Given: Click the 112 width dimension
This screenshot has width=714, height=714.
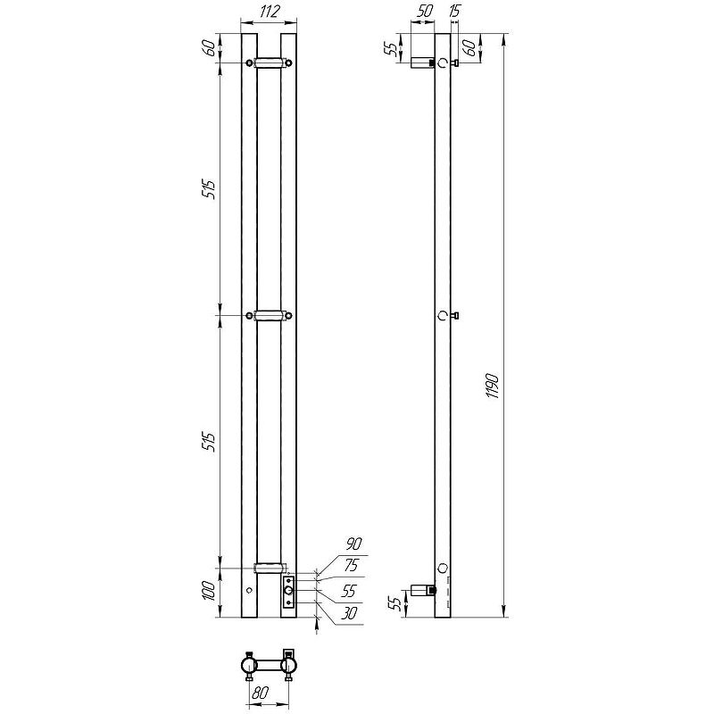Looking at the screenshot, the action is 270,12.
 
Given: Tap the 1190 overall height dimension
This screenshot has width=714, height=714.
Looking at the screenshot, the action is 494,386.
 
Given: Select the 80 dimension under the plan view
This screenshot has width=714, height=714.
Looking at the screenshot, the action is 259,693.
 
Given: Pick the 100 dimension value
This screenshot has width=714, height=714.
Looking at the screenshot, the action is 209,591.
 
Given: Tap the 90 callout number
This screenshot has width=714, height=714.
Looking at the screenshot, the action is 353,544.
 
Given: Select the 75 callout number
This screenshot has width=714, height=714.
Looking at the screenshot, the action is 351,566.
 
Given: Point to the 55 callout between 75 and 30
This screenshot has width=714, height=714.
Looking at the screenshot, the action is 348,591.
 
